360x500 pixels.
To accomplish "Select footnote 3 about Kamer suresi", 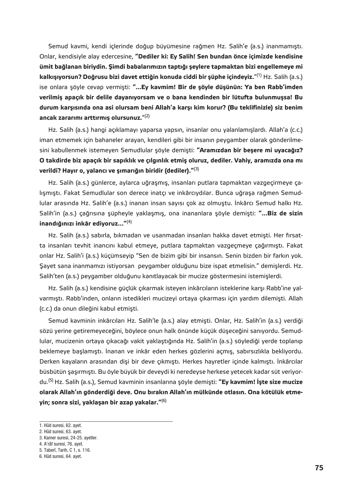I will coord(68,438).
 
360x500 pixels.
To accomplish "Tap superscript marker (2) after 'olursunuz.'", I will coord(147,116).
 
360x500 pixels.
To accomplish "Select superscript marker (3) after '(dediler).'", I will coord(196,169).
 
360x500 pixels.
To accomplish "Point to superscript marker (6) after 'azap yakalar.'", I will coord(164,400).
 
